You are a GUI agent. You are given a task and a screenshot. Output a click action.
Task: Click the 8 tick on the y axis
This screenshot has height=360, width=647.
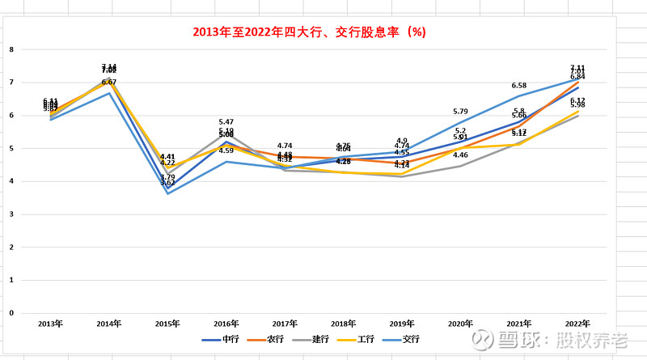[11, 49]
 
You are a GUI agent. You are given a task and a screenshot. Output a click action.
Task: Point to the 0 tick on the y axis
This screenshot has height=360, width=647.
[11, 312]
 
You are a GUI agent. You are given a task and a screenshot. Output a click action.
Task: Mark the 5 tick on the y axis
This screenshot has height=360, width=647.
[11, 148]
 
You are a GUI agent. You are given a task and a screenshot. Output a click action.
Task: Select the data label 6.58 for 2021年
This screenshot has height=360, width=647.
[519, 85]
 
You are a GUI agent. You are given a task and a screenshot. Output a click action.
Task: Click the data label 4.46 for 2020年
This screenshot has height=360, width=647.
[461, 155]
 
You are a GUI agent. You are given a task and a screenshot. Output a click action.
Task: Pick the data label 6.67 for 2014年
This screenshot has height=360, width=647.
[109, 82]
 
